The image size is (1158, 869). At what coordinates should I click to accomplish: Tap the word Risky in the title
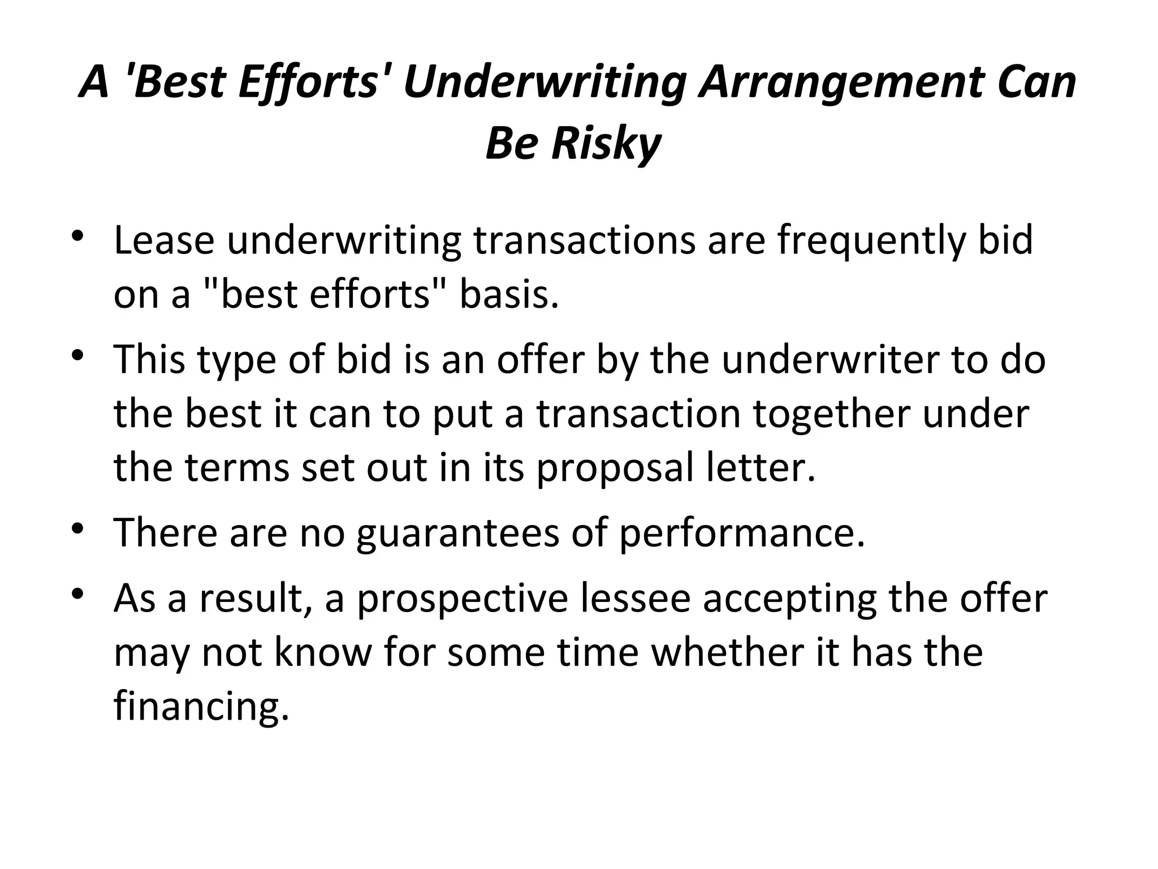606,143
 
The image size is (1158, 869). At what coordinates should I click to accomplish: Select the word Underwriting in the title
544,83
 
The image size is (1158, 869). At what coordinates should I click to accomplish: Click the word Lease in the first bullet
164,240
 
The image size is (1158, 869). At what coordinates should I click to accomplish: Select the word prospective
463,599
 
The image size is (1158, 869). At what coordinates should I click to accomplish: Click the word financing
201,708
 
